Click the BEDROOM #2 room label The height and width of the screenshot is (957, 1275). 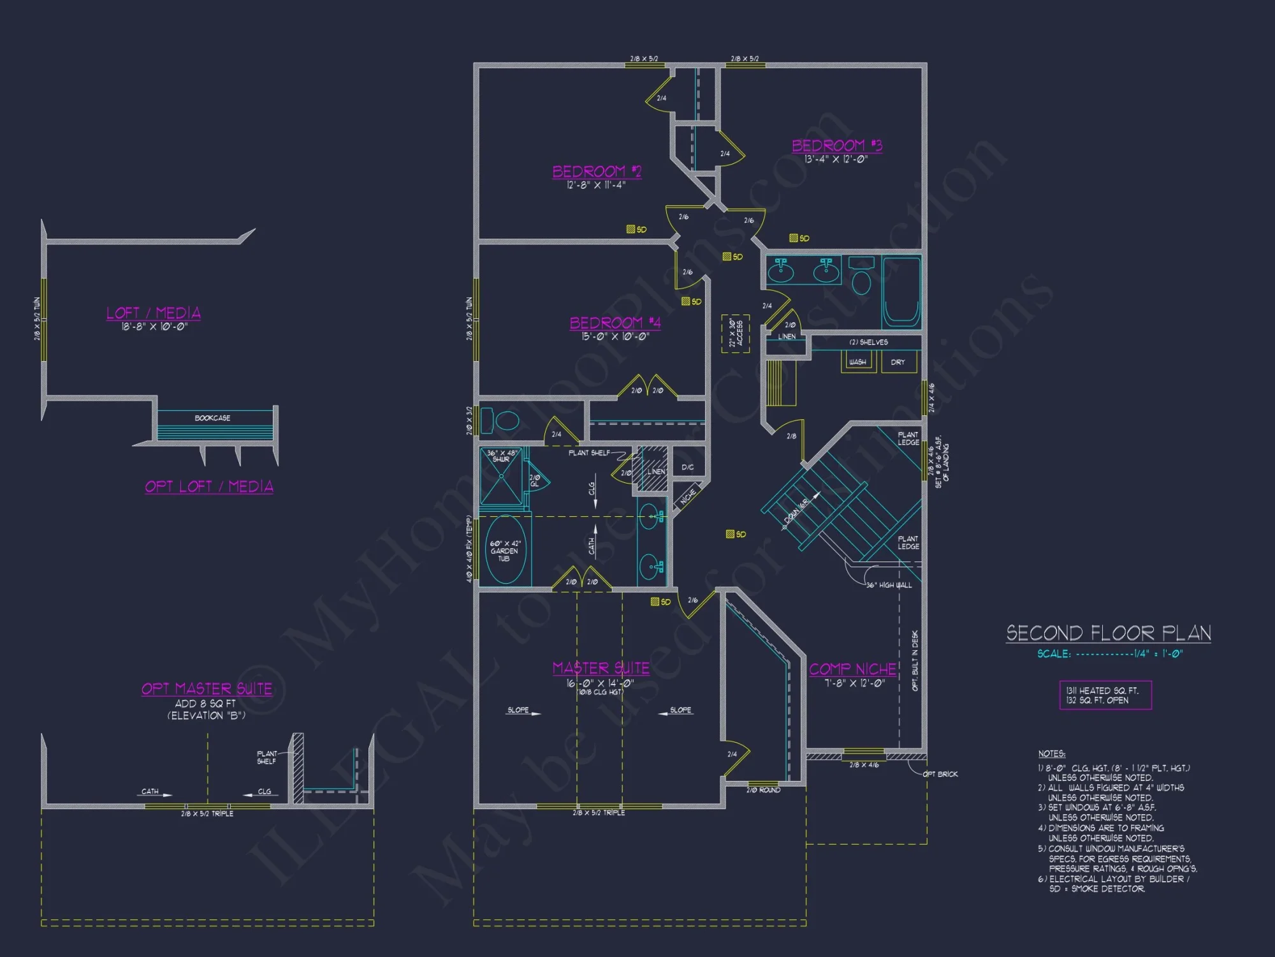tap(597, 172)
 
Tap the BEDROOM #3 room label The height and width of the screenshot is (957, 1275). tap(836, 145)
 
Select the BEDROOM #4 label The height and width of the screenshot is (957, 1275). tap(615, 323)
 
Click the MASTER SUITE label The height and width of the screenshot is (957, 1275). tap(601, 668)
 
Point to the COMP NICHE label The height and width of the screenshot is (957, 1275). tap(853, 669)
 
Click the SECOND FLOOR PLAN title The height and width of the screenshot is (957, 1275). tap(1109, 633)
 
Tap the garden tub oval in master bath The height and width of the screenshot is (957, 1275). tap(505, 550)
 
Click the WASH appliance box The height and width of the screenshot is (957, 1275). tap(857, 362)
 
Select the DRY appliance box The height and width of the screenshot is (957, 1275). tap(898, 362)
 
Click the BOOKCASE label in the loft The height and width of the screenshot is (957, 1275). tap(212, 418)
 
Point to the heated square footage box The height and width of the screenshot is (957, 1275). tap(1105, 695)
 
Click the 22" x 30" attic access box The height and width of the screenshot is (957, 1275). tap(735, 333)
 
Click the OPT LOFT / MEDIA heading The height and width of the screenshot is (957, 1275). tap(209, 486)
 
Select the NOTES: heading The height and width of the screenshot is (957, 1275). tap(1051, 753)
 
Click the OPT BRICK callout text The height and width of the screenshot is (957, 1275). tap(940, 774)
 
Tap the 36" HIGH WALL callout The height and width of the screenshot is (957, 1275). tap(889, 585)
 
